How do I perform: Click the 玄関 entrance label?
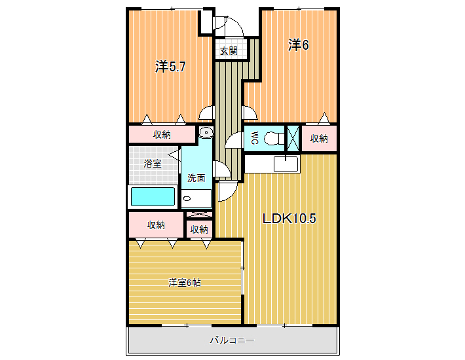pyautogui.click(x=229, y=51)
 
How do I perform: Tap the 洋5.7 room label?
pyautogui.click(x=170, y=67)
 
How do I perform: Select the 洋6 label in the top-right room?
pyautogui.click(x=299, y=45)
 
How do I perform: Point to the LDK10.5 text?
pyautogui.click(x=289, y=219)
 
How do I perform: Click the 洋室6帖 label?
pyautogui.click(x=185, y=283)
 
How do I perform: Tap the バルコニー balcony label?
pyautogui.click(x=232, y=340)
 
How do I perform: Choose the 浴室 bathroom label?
pyautogui.click(x=153, y=163)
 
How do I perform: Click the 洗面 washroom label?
pyautogui.click(x=196, y=178)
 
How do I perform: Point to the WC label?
pyautogui.click(x=255, y=138)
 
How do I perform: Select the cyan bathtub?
pyautogui.click(x=153, y=196)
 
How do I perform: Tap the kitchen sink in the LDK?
pyautogui.click(x=286, y=164)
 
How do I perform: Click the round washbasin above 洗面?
pyautogui.click(x=206, y=132)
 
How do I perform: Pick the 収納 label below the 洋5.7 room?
pyautogui.click(x=162, y=135)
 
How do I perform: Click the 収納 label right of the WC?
pyautogui.click(x=319, y=138)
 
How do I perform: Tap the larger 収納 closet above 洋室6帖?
pyautogui.click(x=156, y=225)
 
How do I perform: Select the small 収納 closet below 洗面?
pyautogui.click(x=199, y=229)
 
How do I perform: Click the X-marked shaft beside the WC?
pyautogui.click(x=293, y=138)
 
